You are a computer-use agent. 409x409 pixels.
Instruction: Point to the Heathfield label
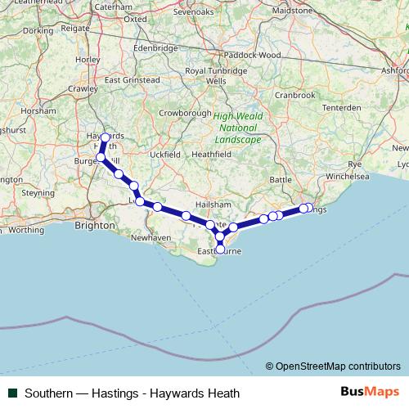click(x=211, y=153)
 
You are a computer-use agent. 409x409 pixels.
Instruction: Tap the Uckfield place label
click(x=164, y=154)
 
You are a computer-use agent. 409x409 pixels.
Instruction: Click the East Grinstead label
click(x=132, y=80)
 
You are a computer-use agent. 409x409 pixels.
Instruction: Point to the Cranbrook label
click(x=294, y=95)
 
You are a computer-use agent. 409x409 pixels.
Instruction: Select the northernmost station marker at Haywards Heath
click(x=106, y=137)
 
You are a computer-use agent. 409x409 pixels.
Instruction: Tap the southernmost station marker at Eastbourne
click(x=220, y=249)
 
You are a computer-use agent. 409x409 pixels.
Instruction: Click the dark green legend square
click(x=11, y=392)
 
